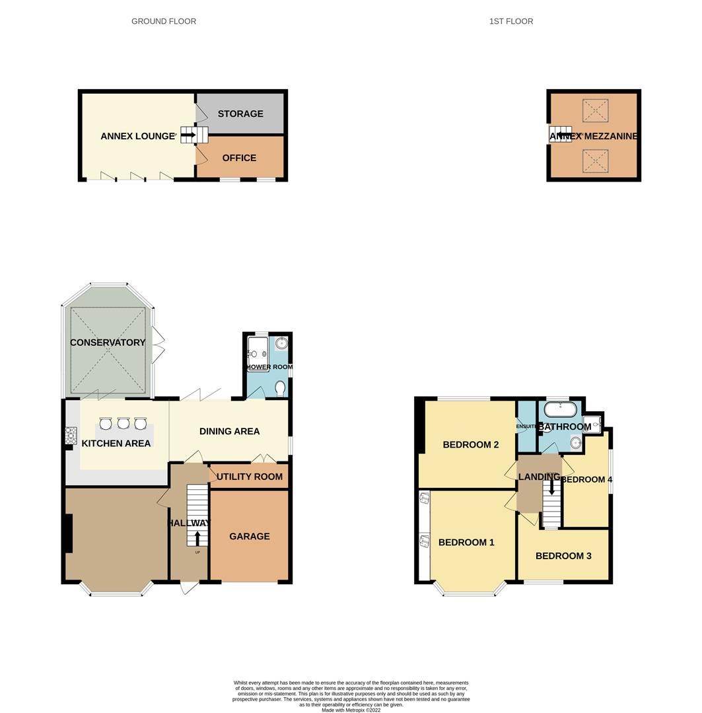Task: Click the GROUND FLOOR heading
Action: [164, 21]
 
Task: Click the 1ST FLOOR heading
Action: [510, 21]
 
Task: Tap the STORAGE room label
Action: [240, 114]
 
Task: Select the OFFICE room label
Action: [239, 158]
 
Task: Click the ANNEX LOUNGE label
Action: [137, 136]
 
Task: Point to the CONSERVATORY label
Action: [108, 342]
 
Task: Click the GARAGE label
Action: [250, 536]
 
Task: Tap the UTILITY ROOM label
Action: [250, 477]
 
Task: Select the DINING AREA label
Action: [229, 431]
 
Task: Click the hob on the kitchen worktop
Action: [71, 436]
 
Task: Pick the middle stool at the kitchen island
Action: [123, 423]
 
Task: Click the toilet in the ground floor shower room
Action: [280, 388]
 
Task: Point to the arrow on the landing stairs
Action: [551, 486]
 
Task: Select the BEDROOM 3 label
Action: [563, 556]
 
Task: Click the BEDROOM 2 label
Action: [470, 444]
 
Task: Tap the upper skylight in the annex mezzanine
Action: [595, 110]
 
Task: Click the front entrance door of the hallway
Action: [190, 587]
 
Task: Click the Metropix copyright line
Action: [351, 710]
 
